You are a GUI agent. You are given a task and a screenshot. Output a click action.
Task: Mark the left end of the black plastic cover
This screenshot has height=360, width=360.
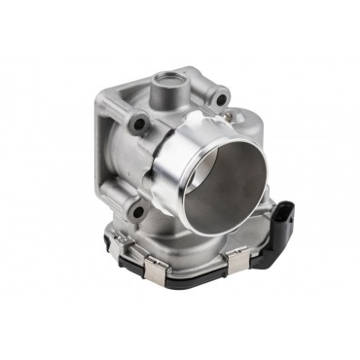click(x=109, y=243)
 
